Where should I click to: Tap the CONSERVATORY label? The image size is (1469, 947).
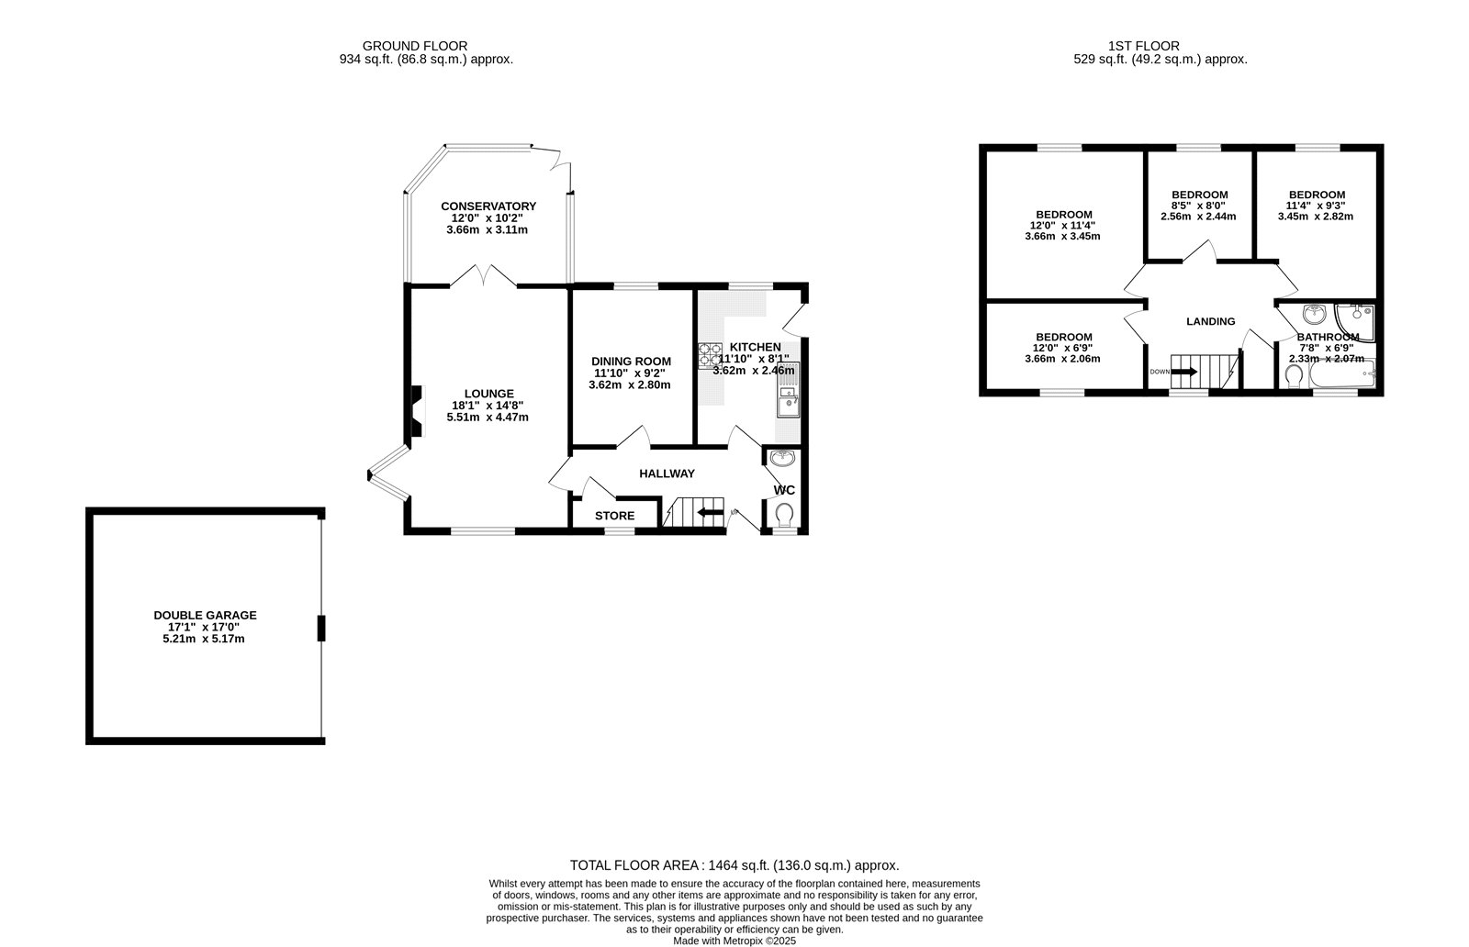click(x=488, y=206)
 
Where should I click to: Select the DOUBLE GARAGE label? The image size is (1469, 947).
click(x=205, y=616)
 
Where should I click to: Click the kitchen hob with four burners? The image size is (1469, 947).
click(x=709, y=354)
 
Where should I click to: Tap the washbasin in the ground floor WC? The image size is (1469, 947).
click(x=782, y=457)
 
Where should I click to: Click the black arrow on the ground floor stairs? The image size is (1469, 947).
click(x=709, y=513)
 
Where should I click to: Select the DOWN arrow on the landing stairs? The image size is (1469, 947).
click(x=1183, y=372)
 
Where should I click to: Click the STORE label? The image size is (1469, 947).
click(x=614, y=516)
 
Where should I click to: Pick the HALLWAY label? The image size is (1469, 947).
click(x=667, y=473)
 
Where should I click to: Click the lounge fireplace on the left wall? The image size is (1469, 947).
click(x=417, y=413)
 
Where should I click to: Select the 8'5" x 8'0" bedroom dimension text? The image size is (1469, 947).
click(x=1199, y=206)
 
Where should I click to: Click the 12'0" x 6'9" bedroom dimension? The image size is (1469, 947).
click(x=1063, y=348)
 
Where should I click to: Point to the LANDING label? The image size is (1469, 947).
click(x=1210, y=321)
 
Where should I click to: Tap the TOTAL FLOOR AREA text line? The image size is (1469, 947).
click(x=734, y=864)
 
